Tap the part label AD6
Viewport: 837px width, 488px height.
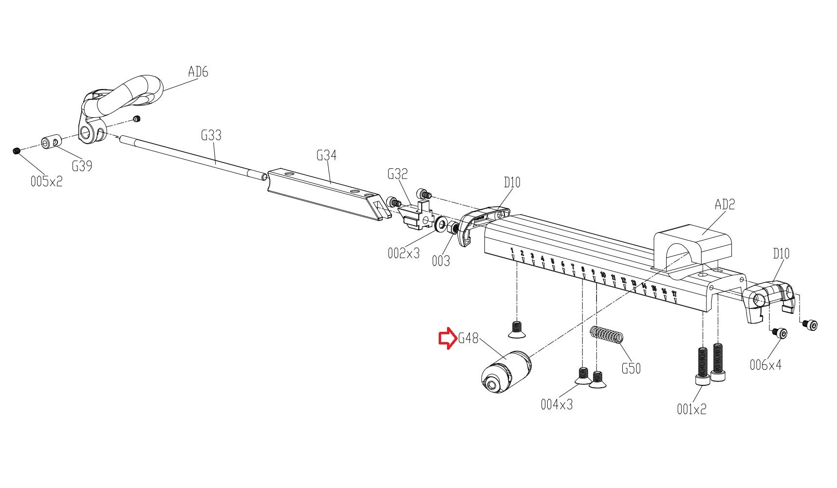coord(198,72)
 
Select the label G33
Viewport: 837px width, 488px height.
coord(211,135)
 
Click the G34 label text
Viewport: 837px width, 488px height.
coord(326,155)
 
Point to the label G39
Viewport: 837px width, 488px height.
coord(82,166)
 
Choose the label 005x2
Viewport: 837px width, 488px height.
coord(46,181)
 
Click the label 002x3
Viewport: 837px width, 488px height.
coord(403,253)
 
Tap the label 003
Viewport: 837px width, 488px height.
coord(441,261)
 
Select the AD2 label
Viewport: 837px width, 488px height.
coord(725,204)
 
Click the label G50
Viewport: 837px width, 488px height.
coord(631,368)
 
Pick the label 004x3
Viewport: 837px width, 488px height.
coord(557,404)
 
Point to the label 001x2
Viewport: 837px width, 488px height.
coord(691,410)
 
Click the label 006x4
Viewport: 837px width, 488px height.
coord(765,365)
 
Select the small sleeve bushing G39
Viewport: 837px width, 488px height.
coord(51,143)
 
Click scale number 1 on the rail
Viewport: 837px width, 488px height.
coord(512,251)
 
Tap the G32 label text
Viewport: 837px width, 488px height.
coord(397,174)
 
